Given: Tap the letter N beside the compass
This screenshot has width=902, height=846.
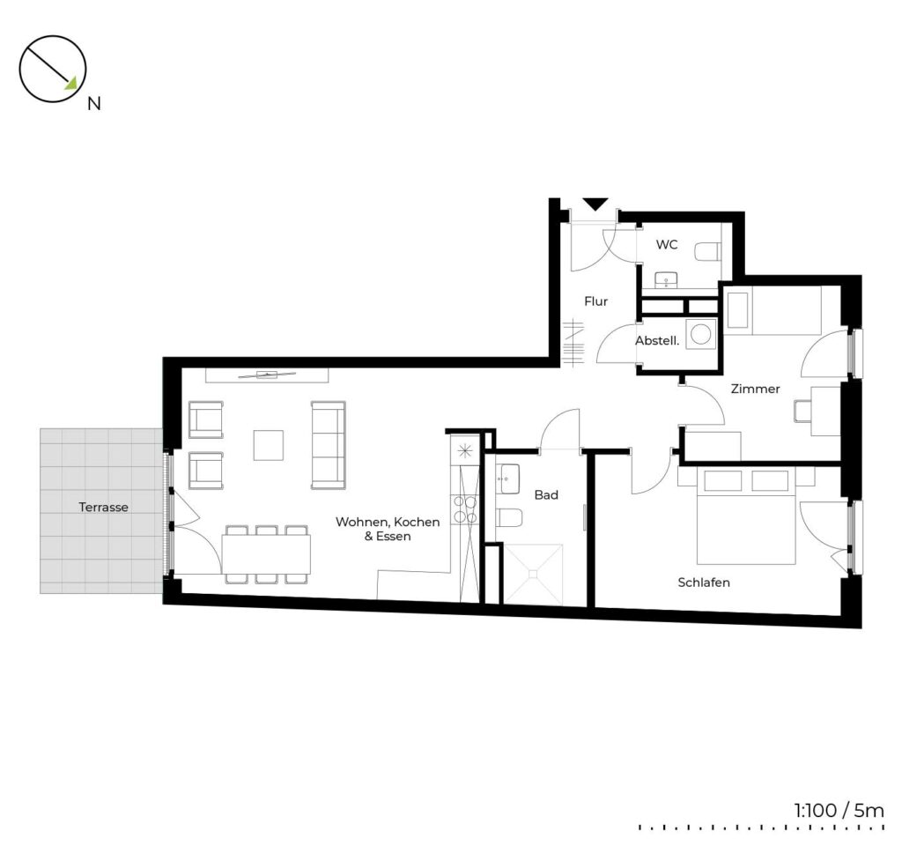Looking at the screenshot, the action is (x=93, y=104).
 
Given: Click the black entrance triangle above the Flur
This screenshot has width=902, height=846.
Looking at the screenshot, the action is (x=595, y=204).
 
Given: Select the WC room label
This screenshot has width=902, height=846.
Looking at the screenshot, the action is (x=667, y=245).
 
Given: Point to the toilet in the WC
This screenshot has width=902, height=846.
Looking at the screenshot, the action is (x=707, y=252).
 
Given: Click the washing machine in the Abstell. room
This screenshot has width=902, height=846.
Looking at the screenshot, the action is (x=700, y=334).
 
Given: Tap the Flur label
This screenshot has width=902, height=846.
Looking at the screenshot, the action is (x=596, y=301).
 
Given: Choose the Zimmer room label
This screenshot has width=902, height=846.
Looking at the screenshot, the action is (x=755, y=389).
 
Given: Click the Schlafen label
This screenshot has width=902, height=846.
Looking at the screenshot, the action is (x=704, y=583).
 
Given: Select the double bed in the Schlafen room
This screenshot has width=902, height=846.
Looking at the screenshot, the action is (x=746, y=516).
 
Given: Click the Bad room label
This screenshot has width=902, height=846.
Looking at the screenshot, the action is (x=546, y=495).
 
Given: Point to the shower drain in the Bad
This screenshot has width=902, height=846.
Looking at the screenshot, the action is (x=533, y=574).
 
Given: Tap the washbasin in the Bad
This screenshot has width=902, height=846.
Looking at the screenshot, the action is (x=510, y=479).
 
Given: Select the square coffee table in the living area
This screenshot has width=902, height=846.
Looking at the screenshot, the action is (x=269, y=445).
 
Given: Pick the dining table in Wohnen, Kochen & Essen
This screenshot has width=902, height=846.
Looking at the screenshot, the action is (x=266, y=554).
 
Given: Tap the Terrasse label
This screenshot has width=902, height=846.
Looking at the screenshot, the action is (x=104, y=507).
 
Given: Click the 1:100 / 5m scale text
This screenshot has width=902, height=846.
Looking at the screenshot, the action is (x=839, y=811).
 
